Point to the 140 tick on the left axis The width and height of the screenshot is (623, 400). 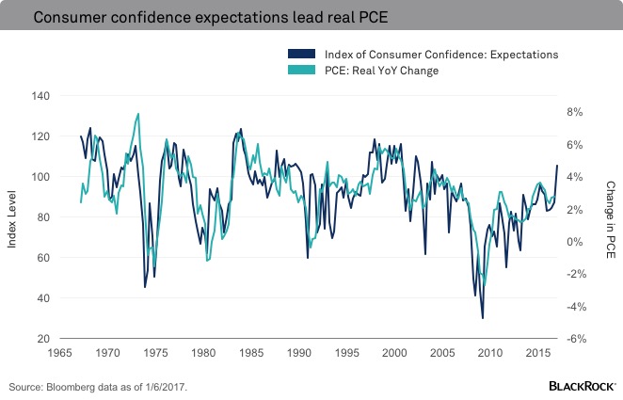tap(40, 96)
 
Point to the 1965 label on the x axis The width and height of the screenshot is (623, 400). tap(59, 354)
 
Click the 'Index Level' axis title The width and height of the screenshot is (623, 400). tap(13, 218)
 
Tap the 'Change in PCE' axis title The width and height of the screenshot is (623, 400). tap(610, 218)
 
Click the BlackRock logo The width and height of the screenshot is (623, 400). tap(582, 386)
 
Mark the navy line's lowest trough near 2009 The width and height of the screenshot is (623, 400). tap(483, 318)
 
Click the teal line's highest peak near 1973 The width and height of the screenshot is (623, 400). tap(139, 114)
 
